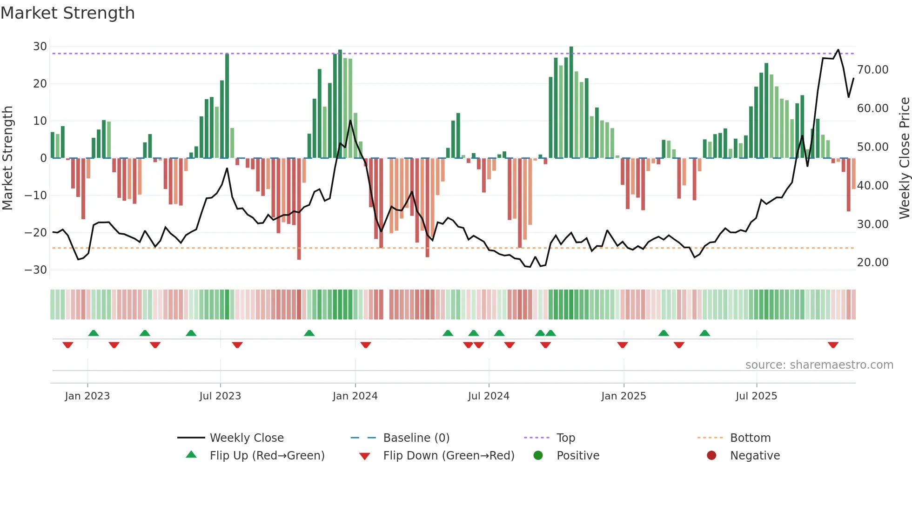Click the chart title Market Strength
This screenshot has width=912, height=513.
pos(67,13)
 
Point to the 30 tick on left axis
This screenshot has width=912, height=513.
pos(40,47)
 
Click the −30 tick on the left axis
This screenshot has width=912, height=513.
pos(36,270)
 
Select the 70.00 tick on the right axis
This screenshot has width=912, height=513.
pos(873,70)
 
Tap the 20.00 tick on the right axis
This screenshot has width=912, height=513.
pos(873,263)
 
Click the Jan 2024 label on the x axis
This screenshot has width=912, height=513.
pos(355,396)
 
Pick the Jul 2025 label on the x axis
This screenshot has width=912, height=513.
pos(756,396)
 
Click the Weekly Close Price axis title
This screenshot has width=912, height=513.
pos(904,158)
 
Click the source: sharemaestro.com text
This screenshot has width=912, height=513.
pos(819,365)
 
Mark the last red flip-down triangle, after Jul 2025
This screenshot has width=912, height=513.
pos(833,345)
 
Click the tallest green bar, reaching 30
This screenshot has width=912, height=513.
pos(571,102)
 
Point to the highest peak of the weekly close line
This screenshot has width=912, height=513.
pos(838,50)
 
